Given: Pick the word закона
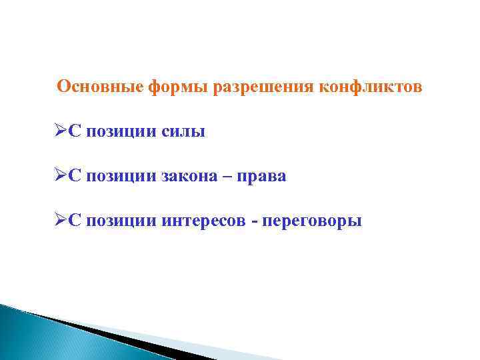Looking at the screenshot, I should pyautogui.click(x=191, y=177).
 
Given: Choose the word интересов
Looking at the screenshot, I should pyautogui.click(x=203, y=221).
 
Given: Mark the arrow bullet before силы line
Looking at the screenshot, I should pyautogui.click(x=59, y=132).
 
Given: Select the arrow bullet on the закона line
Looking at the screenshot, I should pyautogui.click(x=59, y=176).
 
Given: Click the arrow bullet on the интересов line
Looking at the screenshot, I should pyautogui.click(x=59, y=220).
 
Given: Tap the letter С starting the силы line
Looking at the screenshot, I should pyautogui.click(x=74, y=132).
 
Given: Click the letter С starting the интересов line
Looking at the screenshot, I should pyautogui.click(x=74, y=220).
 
